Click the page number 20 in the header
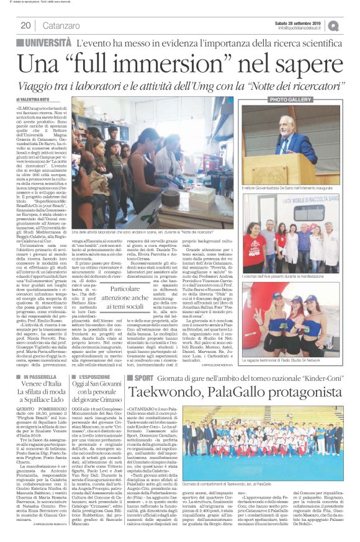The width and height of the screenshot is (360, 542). tap(26, 25)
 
